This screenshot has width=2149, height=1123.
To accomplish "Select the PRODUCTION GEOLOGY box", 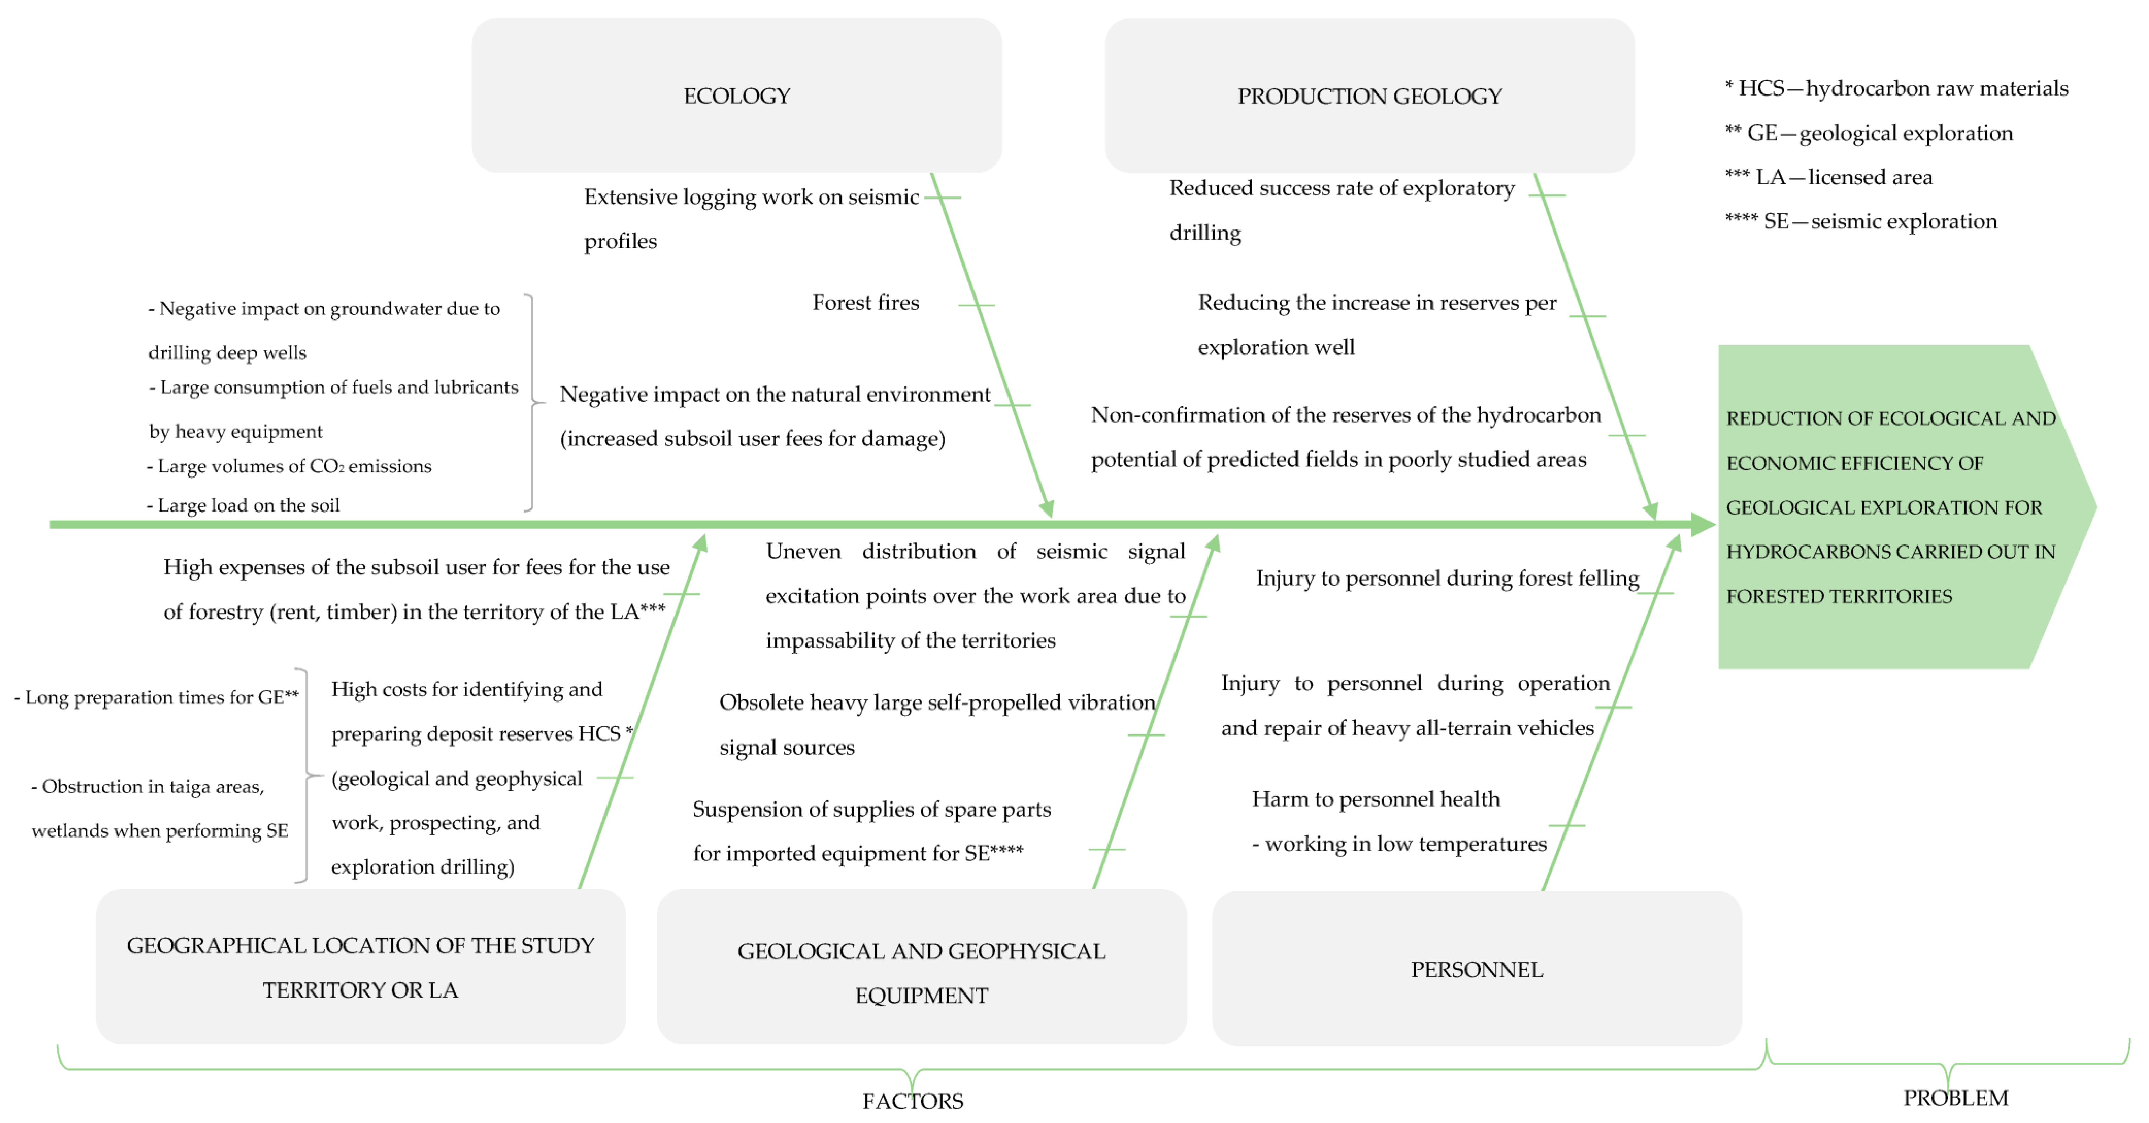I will [1369, 96].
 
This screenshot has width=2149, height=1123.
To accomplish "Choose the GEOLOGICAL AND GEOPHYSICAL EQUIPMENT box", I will [921, 968].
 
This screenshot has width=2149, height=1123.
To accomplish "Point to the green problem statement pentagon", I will [1894, 506].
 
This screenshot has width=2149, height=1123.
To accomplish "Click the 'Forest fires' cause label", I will [865, 303].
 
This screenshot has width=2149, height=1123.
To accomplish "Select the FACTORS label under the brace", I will [913, 1101].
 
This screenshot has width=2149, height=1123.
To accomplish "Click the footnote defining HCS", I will [1895, 88].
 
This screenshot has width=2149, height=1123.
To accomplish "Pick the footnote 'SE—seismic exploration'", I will [1860, 221].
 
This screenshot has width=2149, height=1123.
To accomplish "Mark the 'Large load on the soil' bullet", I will [244, 506].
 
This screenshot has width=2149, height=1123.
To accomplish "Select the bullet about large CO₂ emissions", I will [289, 467].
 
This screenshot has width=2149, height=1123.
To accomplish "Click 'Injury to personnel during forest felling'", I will [1447, 578].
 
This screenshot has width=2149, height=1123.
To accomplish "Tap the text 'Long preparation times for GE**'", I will [157, 697].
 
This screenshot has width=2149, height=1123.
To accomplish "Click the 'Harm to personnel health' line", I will [1375, 799].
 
